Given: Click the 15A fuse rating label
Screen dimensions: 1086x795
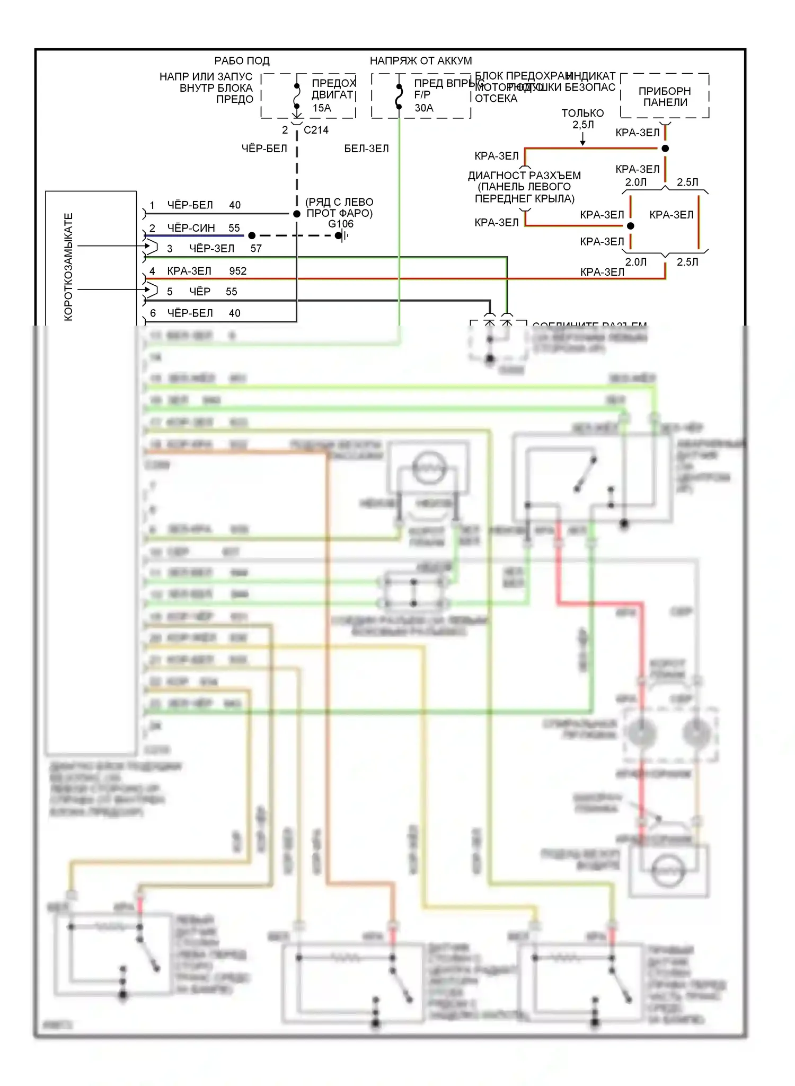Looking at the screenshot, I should [x=322, y=108].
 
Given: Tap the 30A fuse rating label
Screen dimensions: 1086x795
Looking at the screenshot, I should [x=424, y=108].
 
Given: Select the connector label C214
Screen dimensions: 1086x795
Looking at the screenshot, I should [x=316, y=130].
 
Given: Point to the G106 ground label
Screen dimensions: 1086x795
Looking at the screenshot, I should [x=341, y=224].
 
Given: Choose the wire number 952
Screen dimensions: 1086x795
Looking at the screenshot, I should [x=238, y=271].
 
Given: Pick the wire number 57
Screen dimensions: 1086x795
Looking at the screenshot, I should [x=256, y=249].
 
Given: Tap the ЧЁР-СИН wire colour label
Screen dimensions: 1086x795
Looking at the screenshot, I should [x=191, y=228].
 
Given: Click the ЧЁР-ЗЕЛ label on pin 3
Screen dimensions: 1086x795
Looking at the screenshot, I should [x=211, y=249].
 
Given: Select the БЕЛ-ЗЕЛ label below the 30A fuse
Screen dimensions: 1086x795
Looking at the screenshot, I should [x=366, y=148].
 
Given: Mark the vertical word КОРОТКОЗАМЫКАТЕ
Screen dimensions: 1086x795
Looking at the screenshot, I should [x=69, y=267].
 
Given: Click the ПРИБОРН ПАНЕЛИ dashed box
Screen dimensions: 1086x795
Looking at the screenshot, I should [x=665, y=97].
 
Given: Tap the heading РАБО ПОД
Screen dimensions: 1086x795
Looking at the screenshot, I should [x=242, y=61].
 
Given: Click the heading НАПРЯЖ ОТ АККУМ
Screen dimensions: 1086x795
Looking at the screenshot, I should [x=421, y=61].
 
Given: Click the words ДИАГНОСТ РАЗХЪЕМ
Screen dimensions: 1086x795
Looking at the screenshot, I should [x=524, y=176].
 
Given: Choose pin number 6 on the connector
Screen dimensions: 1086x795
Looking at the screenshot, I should [x=153, y=313].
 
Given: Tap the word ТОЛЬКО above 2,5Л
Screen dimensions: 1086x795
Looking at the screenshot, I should [x=582, y=113].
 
